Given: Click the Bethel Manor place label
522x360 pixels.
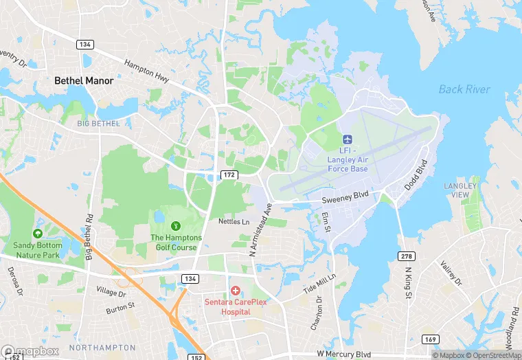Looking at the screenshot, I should [84, 80].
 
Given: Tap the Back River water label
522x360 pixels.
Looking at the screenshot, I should [464, 89].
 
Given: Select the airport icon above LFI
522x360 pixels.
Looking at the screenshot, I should [346, 139].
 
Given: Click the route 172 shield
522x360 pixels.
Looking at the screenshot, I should [229, 176].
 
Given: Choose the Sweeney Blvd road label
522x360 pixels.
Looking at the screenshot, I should [345, 194].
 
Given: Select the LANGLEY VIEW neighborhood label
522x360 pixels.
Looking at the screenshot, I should [459, 190].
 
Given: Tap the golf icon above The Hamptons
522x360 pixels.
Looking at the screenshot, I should [176, 225].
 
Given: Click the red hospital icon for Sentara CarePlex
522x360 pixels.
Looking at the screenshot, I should [235, 291].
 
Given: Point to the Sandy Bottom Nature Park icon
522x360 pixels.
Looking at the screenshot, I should [37, 224].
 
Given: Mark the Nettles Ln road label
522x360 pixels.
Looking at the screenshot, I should [234, 222].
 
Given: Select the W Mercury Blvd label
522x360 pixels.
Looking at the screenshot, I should [349, 353].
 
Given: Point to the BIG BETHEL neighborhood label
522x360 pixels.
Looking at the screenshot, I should [98, 124].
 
